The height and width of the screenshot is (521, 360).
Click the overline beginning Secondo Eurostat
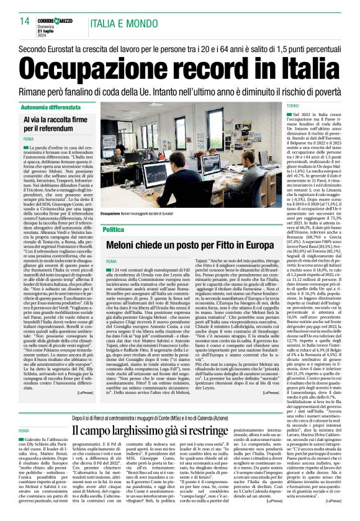coord(180,48)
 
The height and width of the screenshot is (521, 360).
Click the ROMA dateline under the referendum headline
coord(29,139)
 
